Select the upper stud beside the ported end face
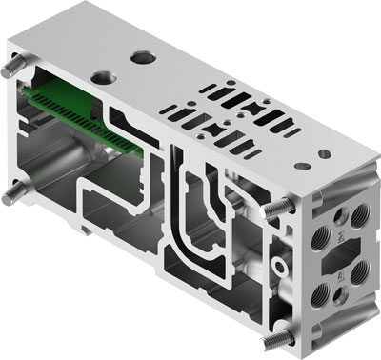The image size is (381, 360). pos(276,209)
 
